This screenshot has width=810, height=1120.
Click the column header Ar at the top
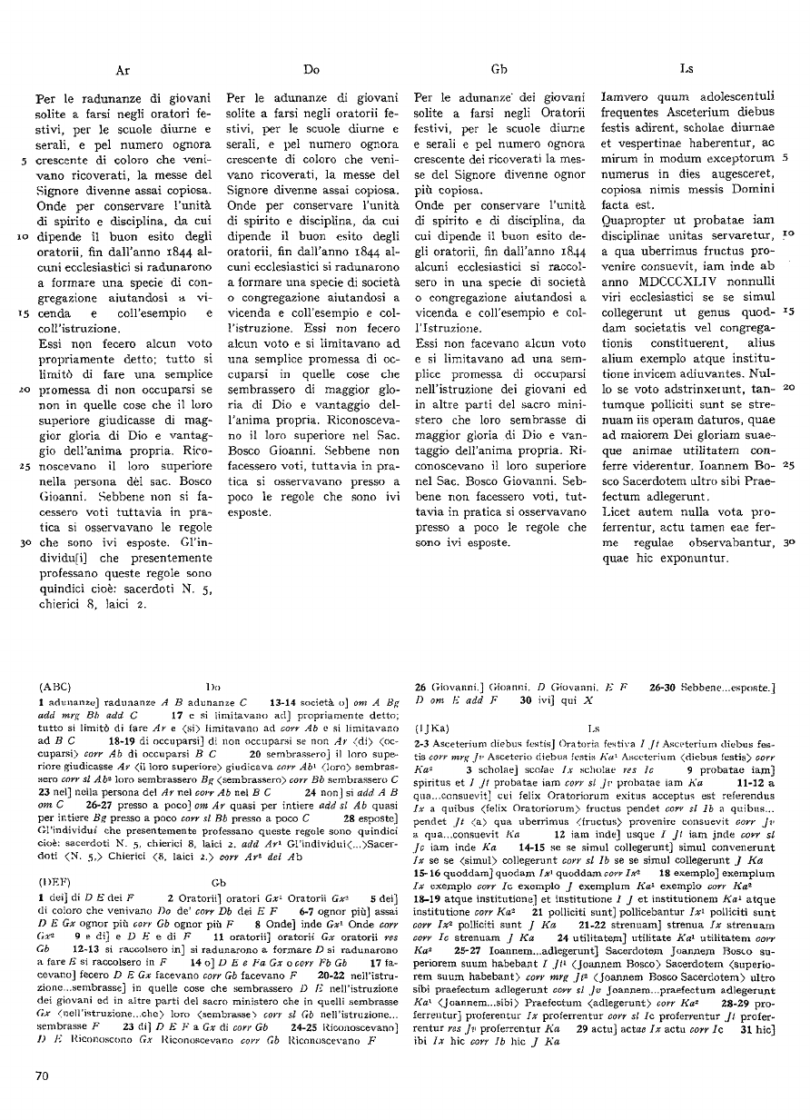123,68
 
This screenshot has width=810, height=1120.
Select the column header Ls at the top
687,68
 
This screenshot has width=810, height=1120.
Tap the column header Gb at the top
499,68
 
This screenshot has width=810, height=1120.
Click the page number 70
40,1076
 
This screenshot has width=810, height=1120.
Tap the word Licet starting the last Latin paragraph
620,513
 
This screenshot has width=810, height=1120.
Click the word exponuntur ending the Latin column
693,556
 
